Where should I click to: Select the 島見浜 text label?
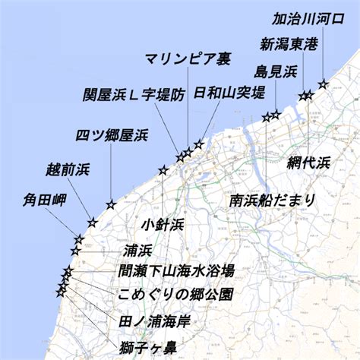(276, 71)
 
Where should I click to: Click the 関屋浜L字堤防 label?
(134, 96)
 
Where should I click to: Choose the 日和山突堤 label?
(229, 93)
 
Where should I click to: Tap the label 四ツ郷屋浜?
(111, 135)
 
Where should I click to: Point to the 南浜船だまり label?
(272, 201)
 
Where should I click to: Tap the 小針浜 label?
(163, 225)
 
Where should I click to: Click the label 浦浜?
(137, 251)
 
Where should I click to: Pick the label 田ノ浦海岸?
(155, 321)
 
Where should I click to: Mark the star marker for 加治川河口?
(323, 84)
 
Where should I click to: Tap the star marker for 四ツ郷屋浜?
(111, 204)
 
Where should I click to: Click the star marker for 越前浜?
(93, 223)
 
